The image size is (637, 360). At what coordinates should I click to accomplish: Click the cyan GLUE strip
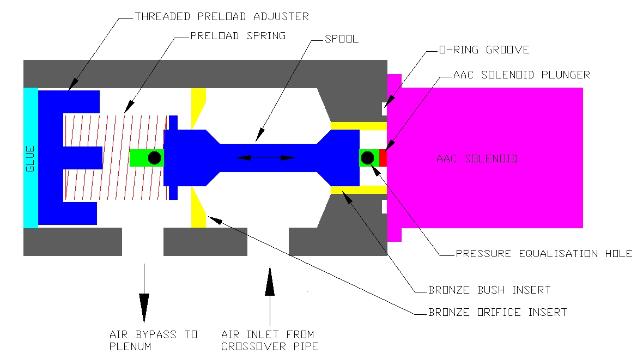pyautogui.click(x=31, y=158)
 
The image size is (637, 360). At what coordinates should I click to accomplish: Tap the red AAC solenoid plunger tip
pyautogui.click(x=383, y=158)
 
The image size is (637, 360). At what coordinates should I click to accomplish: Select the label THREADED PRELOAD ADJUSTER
pyautogui.click(x=222, y=17)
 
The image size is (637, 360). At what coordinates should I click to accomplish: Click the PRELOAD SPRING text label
pyautogui.click(x=238, y=36)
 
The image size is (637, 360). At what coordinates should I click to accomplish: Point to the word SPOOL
pyautogui.click(x=342, y=39)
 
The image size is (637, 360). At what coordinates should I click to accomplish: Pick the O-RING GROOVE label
pyautogui.click(x=484, y=50)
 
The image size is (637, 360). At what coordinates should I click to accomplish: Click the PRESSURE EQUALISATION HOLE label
pyautogui.click(x=544, y=254)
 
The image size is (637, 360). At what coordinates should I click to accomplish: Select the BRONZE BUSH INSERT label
pyautogui.click(x=489, y=290)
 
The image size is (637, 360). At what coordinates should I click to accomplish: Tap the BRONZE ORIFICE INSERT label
pyautogui.click(x=498, y=312)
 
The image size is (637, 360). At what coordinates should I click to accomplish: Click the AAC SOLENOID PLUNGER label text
pyautogui.click(x=521, y=75)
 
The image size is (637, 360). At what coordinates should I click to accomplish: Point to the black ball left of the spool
pyautogui.click(x=154, y=158)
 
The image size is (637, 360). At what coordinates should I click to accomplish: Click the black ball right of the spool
pyautogui.click(x=367, y=158)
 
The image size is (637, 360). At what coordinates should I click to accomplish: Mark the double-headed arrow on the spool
pyautogui.click(x=266, y=158)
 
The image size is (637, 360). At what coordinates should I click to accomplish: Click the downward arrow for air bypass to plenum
pyautogui.click(x=144, y=293)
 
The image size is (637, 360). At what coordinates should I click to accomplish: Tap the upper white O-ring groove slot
pyautogui.click(x=384, y=109)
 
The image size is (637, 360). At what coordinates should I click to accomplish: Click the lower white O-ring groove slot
pyautogui.click(x=384, y=207)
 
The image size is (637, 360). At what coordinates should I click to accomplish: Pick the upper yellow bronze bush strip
pyautogui.click(x=359, y=126)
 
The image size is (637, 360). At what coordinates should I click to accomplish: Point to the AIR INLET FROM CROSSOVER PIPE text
pyautogui.click(x=270, y=340)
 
